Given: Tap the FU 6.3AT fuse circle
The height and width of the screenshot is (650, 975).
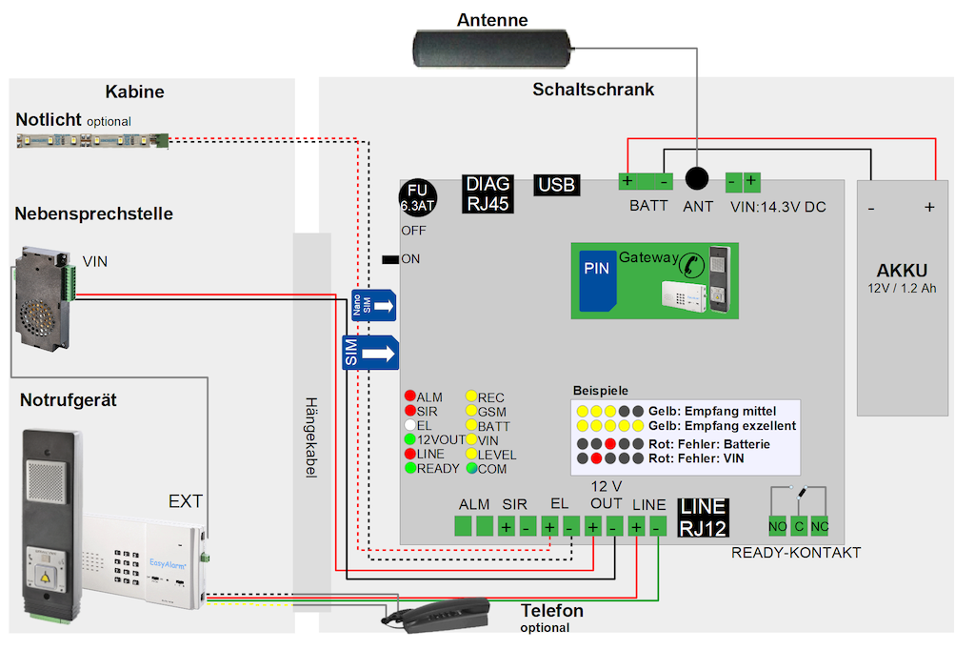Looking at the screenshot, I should click(x=417, y=196).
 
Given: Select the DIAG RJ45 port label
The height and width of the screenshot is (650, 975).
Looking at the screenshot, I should click(x=487, y=193).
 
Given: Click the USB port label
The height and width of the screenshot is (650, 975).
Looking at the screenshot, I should click(x=556, y=185).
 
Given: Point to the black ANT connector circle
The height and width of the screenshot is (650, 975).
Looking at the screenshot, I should click(x=699, y=178).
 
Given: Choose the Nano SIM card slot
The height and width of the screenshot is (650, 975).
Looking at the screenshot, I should click(x=374, y=306).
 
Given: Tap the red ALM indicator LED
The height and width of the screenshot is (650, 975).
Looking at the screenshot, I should click(x=410, y=396).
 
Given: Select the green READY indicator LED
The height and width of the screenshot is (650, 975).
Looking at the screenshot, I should click(x=410, y=468).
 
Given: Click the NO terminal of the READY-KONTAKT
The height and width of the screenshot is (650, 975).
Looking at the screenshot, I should click(x=778, y=526).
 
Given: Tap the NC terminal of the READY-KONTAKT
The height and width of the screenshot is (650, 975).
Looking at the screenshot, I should click(x=820, y=526).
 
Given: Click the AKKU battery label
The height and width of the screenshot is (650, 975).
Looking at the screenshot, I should click(x=901, y=270).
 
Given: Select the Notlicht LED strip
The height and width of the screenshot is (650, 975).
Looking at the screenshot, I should click(x=92, y=141).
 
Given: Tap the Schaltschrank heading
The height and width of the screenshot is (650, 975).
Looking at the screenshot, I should click(x=593, y=90).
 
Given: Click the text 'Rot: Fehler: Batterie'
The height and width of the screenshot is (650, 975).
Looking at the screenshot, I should click(x=709, y=444).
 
